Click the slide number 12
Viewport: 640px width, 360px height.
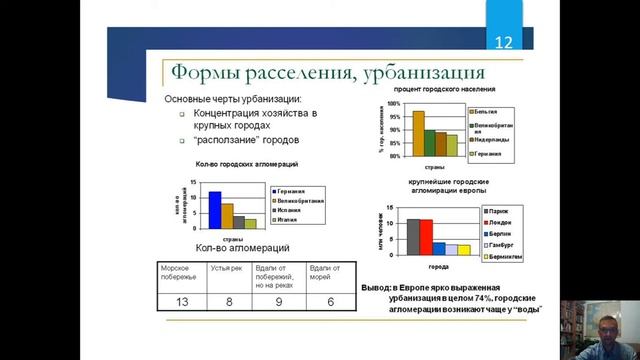(504, 43)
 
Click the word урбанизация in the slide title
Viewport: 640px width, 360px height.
(411, 74)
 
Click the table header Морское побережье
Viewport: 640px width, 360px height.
(181, 274)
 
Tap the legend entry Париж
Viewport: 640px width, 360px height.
(502, 212)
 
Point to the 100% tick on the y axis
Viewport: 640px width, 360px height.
(394, 104)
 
